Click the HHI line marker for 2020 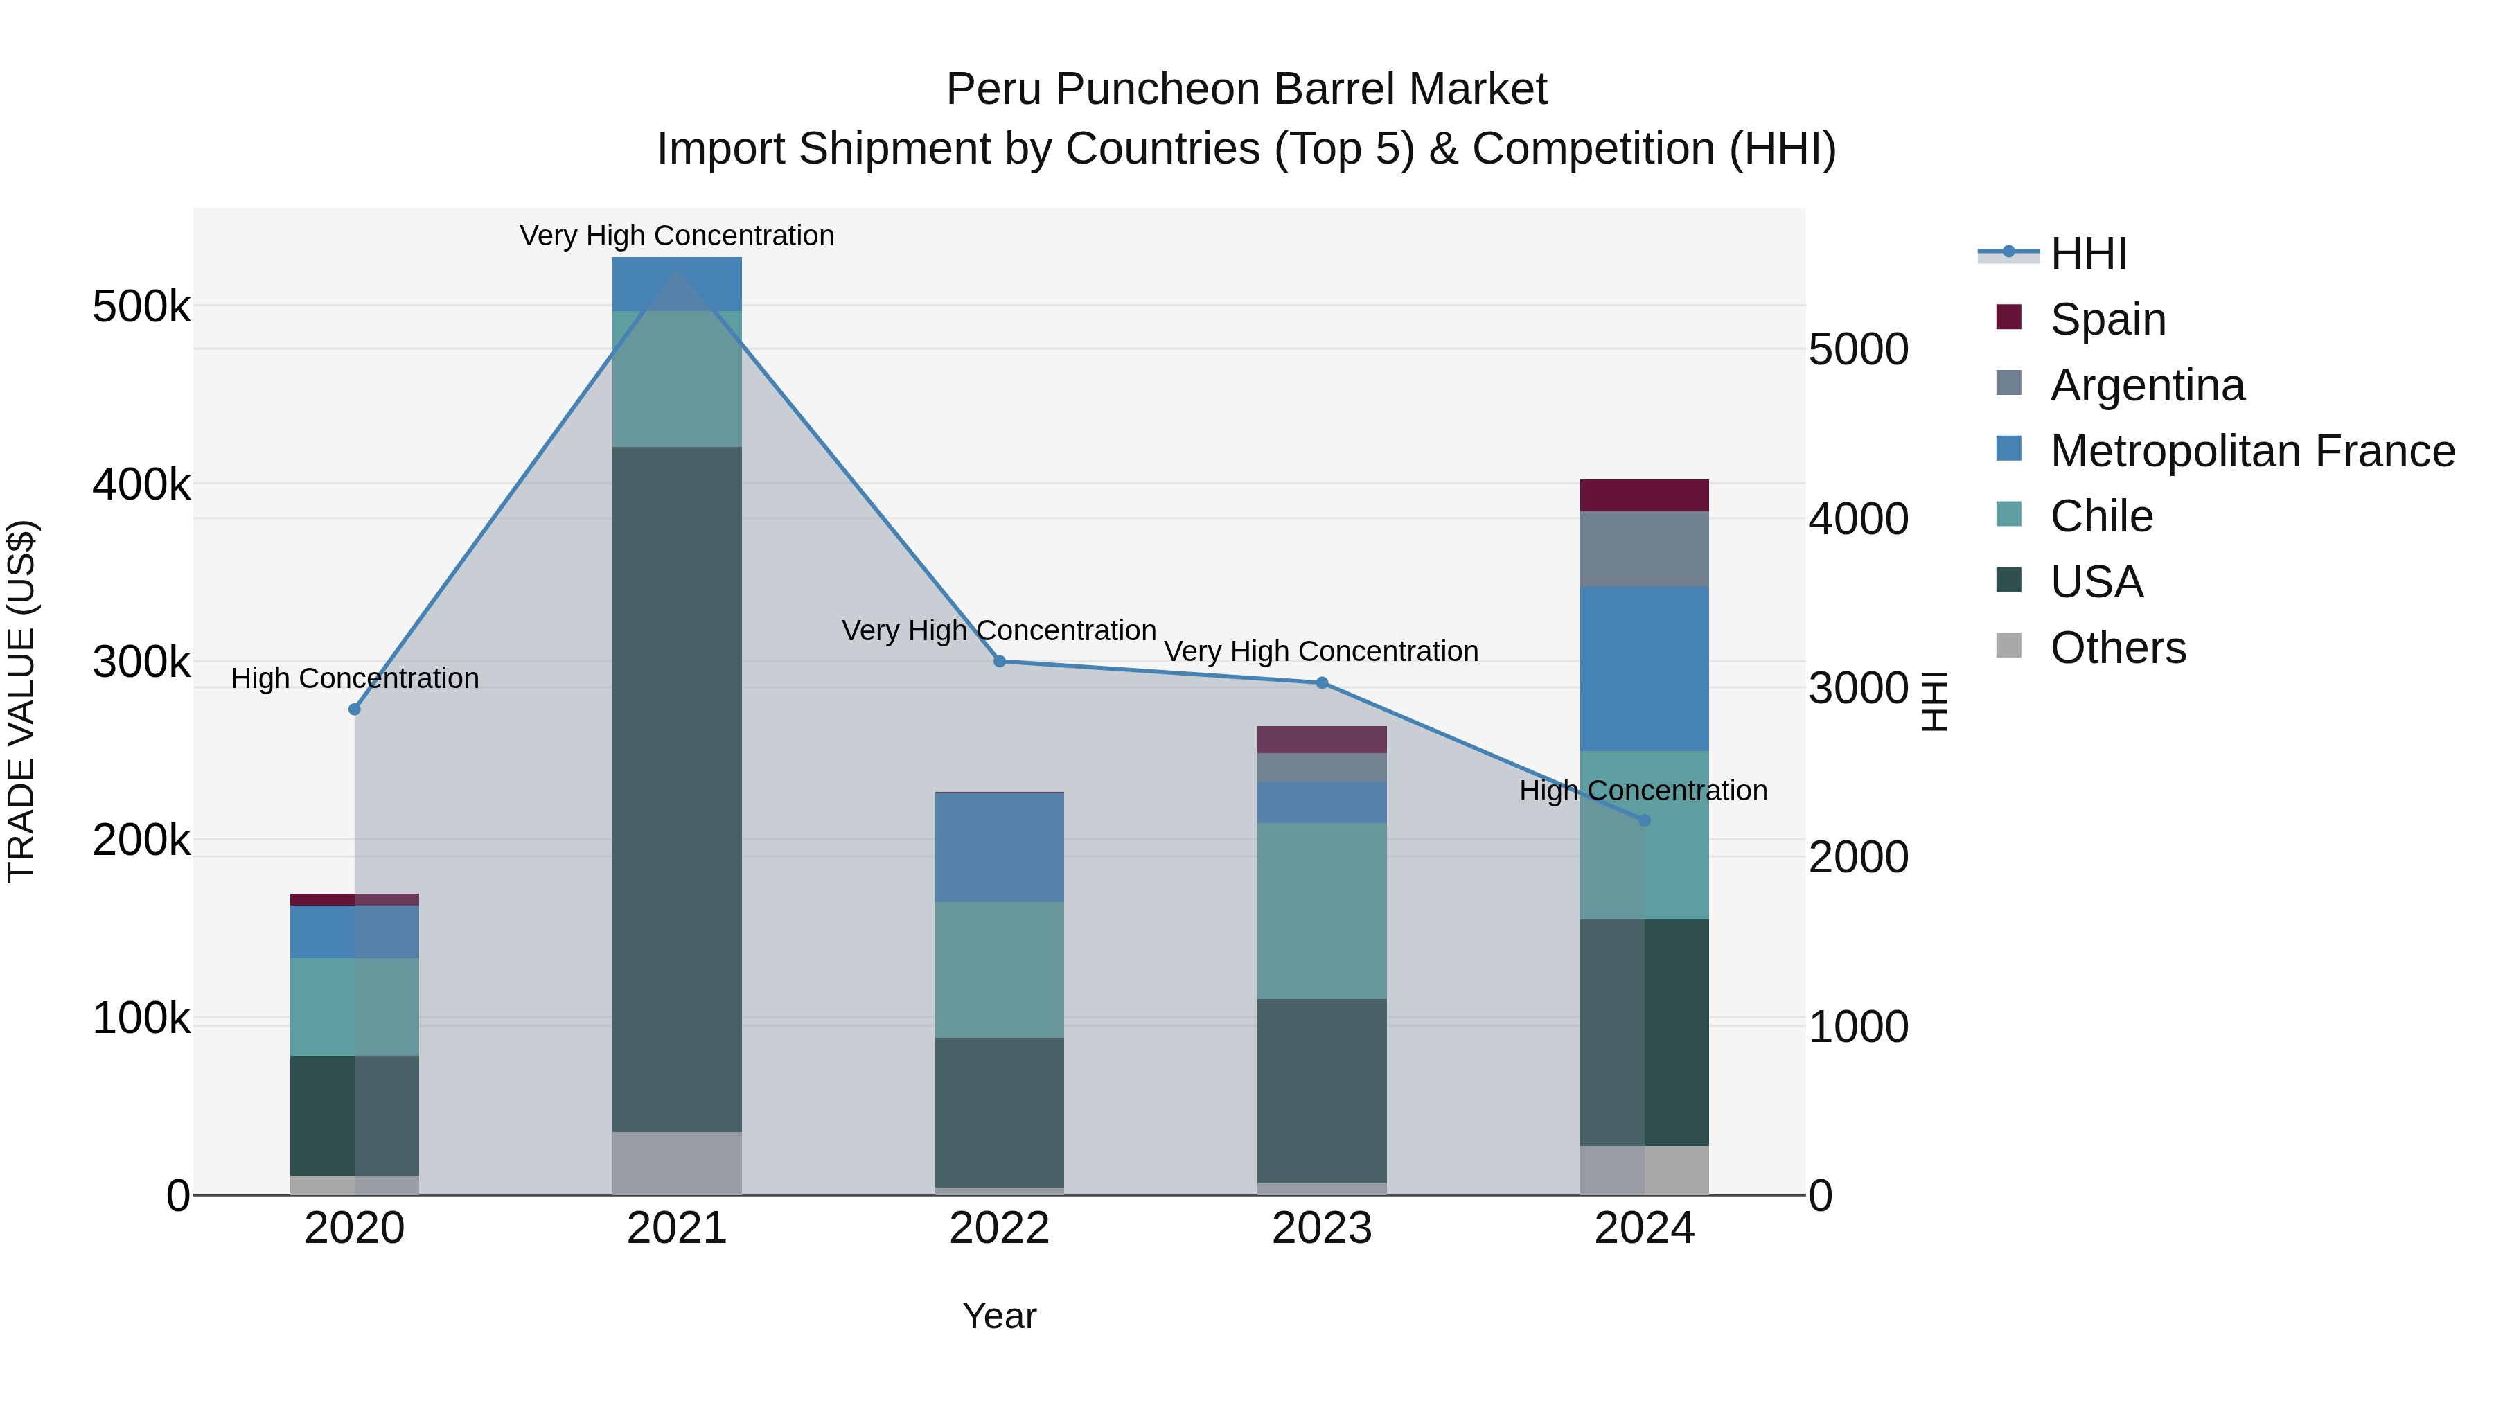tap(354, 709)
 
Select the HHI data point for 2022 tap(1000, 662)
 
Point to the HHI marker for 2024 tap(1644, 821)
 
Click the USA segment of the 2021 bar tap(677, 789)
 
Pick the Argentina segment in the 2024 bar tap(1644, 549)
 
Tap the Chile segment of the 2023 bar tap(1322, 911)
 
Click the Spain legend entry tap(2107, 319)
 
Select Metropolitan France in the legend tap(2252, 451)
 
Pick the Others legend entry tap(2117, 648)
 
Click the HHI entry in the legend tap(2088, 254)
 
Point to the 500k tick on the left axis tap(141, 307)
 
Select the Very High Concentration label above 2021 tap(677, 236)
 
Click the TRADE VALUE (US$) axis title tap(21, 701)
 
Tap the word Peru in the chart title tap(993, 89)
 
